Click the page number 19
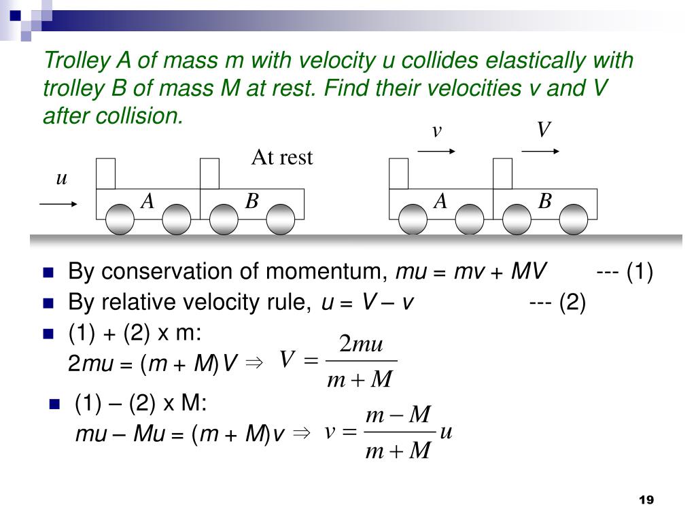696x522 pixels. coord(646,500)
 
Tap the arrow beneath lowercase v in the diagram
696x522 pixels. coord(436,152)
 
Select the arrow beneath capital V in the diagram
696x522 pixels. coord(540,152)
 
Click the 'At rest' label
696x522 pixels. coord(282,158)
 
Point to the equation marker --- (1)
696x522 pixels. coord(625,272)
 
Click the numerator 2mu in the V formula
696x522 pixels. coord(362,345)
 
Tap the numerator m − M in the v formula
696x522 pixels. coord(398,415)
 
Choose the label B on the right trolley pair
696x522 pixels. coord(545,201)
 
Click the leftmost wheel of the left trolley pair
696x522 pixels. coord(120,220)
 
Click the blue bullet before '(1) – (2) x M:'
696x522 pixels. coord(55,405)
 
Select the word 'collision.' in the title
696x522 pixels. coord(114,116)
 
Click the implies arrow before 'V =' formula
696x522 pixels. coord(254,364)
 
